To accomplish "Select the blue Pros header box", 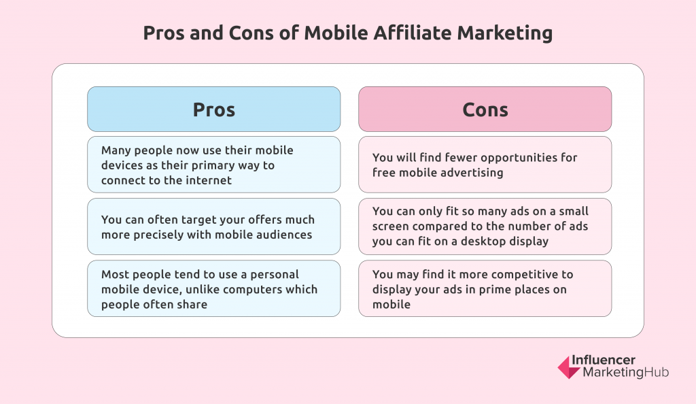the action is (x=214, y=110).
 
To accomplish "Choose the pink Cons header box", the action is (x=485, y=110).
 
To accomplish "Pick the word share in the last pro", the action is (x=192, y=305).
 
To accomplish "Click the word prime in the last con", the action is (x=502, y=290).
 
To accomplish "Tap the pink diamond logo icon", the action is (x=569, y=367).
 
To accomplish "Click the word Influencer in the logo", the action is (x=604, y=360).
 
